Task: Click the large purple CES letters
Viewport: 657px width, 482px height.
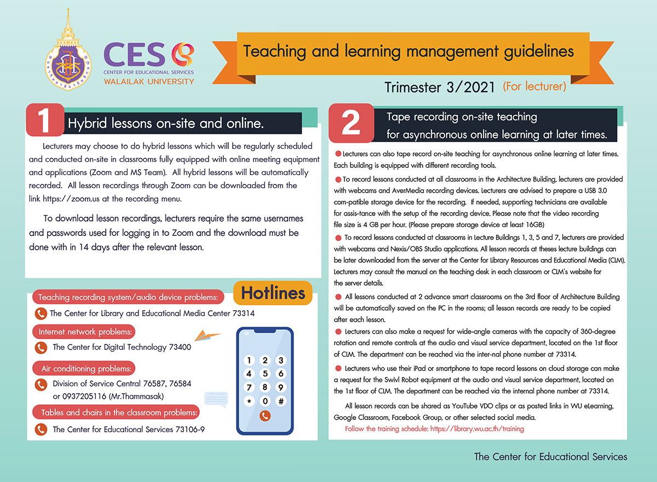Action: [135, 55]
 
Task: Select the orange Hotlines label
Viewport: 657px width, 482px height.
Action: [273, 293]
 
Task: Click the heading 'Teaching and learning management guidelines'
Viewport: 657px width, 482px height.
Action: [408, 51]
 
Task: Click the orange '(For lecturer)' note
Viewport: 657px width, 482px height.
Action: [534, 86]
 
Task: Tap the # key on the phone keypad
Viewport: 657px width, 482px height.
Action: [281, 401]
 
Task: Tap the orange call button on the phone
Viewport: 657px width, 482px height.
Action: [265, 416]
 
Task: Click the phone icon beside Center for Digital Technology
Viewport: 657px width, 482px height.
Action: [41, 348]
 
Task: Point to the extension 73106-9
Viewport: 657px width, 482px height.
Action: [187, 429]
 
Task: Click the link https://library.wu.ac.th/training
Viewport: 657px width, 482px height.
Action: [477, 429]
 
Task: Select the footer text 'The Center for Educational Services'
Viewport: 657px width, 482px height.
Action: [550, 457]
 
